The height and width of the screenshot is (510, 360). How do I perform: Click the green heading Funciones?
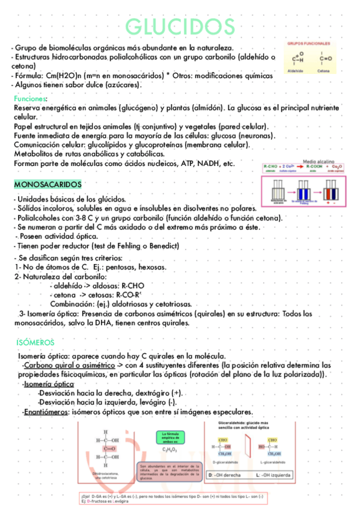click(30, 98)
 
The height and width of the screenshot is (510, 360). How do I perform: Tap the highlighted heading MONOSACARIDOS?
click(48, 183)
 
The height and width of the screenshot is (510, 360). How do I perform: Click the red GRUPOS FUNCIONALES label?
click(308, 44)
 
